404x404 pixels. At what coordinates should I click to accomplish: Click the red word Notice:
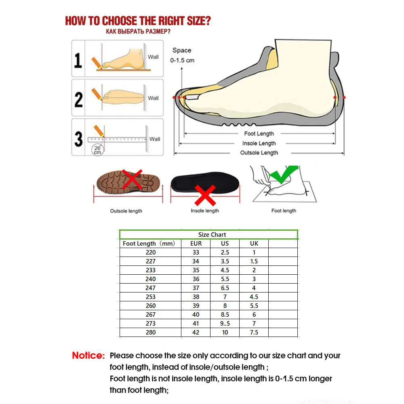[88, 356]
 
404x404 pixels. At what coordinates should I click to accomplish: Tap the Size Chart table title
[212, 234]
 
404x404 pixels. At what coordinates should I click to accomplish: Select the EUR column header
[196, 243]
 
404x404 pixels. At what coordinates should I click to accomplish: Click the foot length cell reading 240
[151, 279]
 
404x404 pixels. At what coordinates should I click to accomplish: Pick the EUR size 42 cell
[196, 332]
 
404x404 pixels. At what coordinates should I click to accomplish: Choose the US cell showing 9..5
[225, 323]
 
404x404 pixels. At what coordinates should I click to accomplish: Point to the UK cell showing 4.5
[254, 297]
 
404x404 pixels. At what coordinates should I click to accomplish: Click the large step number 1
[78, 59]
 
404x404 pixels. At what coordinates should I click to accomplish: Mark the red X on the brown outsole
[133, 179]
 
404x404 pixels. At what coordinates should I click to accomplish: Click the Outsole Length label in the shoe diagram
[259, 153]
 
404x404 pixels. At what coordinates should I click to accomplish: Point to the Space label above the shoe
[182, 50]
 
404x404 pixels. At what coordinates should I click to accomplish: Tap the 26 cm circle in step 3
[97, 149]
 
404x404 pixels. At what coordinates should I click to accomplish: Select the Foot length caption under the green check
[284, 210]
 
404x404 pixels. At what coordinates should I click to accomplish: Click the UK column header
[254, 243]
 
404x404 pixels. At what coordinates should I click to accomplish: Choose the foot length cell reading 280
[151, 332]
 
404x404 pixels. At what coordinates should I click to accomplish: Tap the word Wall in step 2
[153, 98]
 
